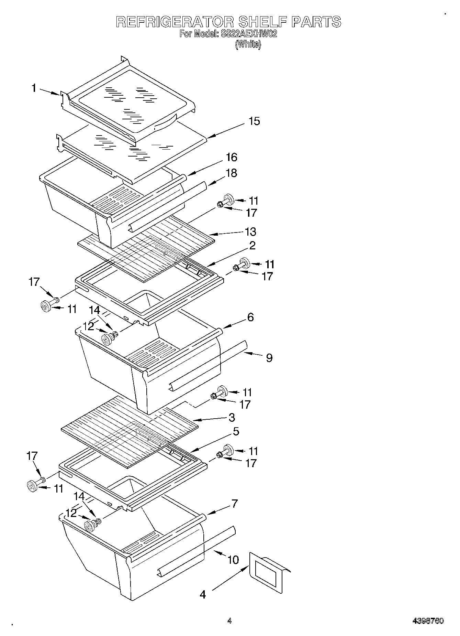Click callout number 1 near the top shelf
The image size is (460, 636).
(x=34, y=88)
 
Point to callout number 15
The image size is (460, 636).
(x=254, y=121)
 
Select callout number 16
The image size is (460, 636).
(x=232, y=157)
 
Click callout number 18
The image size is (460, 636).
(x=232, y=173)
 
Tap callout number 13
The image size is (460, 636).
(x=250, y=231)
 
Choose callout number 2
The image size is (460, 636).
(x=252, y=246)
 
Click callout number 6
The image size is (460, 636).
(x=250, y=317)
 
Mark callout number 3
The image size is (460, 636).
(x=232, y=417)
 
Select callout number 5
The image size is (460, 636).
(x=236, y=431)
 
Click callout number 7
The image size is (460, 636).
(x=234, y=504)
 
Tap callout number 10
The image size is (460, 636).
(x=233, y=560)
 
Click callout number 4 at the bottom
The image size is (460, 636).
(x=203, y=594)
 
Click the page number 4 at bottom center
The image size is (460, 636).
(x=229, y=621)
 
